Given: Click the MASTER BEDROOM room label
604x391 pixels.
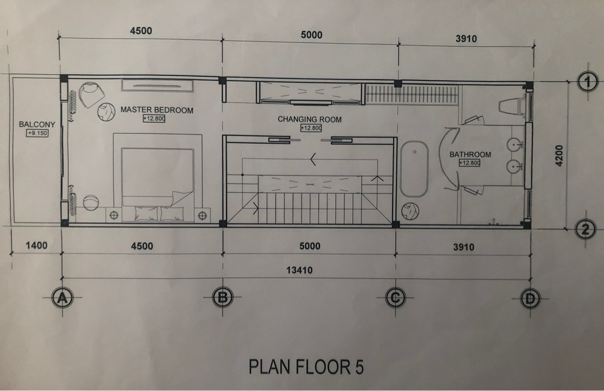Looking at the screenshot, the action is (x=157, y=110).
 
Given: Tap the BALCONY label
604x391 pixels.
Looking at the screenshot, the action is (x=37, y=124).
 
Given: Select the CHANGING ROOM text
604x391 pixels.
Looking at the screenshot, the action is (x=310, y=119).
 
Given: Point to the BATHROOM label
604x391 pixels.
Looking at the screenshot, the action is (x=470, y=154).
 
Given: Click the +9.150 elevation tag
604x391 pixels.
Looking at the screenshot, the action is (x=37, y=133).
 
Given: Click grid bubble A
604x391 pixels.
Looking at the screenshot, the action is (x=62, y=298).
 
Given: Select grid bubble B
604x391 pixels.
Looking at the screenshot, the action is (x=222, y=297).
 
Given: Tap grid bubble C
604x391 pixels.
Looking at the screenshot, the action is (x=395, y=298).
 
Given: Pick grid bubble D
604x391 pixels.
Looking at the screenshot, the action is (x=530, y=298).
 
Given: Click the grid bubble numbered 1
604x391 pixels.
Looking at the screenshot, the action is (x=588, y=82).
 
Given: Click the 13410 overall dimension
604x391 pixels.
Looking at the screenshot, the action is (x=299, y=270).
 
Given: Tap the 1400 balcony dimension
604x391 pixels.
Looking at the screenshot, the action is (x=36, y=246).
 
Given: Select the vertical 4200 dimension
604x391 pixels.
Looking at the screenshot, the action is (x=559, y=156).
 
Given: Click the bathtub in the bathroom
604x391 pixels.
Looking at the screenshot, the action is (x=414, y=169).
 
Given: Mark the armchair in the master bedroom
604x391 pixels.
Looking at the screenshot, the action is (x=92, y=95).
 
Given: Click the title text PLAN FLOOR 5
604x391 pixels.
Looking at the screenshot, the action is (x=306, y=366).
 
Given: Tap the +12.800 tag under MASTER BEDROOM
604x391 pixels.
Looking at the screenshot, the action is (x=154, y=118).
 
